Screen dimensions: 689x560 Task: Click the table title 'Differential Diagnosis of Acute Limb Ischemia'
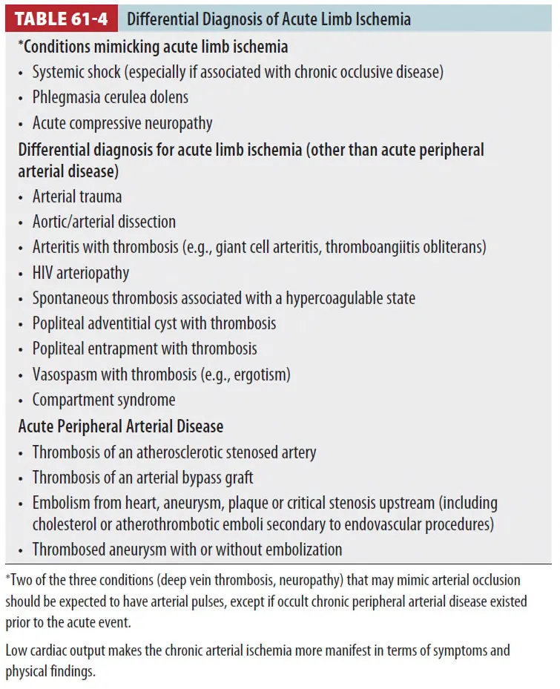click(269, 19)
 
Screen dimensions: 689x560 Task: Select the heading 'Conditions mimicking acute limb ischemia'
click(155, 47)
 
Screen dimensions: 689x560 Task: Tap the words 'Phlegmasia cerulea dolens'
click(110, 97)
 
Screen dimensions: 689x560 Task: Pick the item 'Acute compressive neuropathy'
click(122, 122)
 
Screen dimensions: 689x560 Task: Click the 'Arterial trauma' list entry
click(77, 197)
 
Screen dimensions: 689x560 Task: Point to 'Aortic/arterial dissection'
click(104, 222)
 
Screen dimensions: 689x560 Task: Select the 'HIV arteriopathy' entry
click(81, 273)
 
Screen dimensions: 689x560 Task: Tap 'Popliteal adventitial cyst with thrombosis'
click(154, 323)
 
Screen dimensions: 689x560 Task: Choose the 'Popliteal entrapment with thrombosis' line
click(145, 349)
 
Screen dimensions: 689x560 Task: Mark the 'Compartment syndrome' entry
click(104, 400)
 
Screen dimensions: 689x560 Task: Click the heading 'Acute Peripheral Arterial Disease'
click(121, 426)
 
